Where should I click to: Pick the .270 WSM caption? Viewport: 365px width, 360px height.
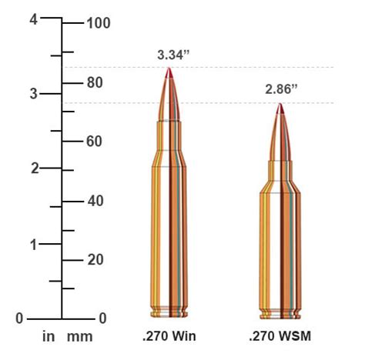click(x=280, y=337)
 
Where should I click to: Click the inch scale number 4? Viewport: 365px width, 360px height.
click(x=33, y=19)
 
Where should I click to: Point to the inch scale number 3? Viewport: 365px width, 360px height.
click(x=33, y=94)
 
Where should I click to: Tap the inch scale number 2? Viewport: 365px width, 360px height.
click(x=33, y=168)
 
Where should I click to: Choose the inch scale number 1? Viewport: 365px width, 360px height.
click(x=33, y=244)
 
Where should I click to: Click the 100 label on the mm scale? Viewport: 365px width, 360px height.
click(x=99, y=23)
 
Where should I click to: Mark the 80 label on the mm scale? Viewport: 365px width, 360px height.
click(x=95, y=82)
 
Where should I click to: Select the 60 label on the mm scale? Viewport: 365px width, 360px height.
click(x=95, y=142)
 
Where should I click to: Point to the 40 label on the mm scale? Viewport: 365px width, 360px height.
click(x=95, y=201)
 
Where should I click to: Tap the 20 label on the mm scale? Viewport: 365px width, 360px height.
click(x=95, y=260)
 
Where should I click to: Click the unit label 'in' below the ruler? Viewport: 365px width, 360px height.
click(x=49, y=337)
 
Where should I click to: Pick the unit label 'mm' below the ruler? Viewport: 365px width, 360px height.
click(x=79, y=337)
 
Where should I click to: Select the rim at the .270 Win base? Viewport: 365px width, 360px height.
click(x=169, y=314)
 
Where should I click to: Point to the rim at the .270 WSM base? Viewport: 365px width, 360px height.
click(x=281, y=314)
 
